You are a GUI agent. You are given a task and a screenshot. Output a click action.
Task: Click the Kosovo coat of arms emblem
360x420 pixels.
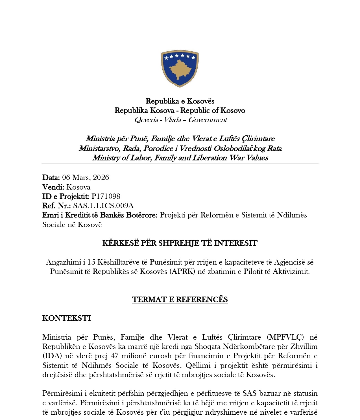tap(180, 68)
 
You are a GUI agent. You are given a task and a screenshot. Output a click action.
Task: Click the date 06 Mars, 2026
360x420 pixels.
tap(85, 177)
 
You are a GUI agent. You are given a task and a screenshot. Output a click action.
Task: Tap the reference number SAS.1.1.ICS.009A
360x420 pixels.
tap(103, 206)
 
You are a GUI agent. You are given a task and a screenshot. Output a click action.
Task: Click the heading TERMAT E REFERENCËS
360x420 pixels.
tap(180, 299)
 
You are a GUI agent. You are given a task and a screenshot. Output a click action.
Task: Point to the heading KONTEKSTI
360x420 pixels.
tap(66, 318)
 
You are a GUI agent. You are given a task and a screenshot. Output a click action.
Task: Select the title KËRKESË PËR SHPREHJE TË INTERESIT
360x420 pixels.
tap(180, 243)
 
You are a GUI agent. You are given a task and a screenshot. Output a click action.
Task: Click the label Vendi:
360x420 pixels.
tap(53, 187)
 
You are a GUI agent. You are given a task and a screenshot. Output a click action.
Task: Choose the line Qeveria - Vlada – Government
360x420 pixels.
tap(180, 120)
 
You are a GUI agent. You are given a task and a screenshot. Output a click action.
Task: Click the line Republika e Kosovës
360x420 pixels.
tap(180, 101)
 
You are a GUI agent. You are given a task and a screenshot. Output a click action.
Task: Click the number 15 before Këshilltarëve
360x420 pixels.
tap(91, 262)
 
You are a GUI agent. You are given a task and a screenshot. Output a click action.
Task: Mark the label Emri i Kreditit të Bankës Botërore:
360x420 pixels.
tap(100, 215)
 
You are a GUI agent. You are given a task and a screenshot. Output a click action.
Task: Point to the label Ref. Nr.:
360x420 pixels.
tap(56, 206)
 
